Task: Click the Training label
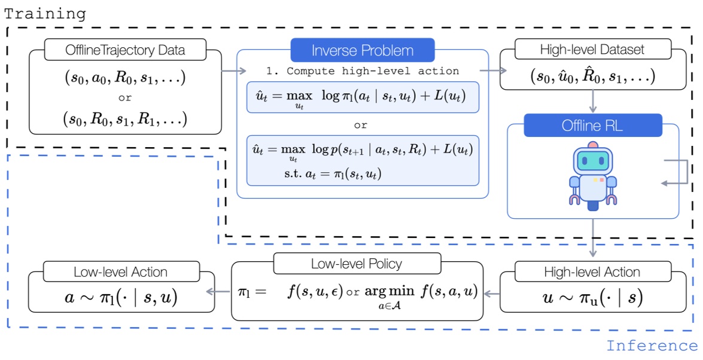pyautogui.click(x=45, y=13)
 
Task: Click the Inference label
pyautogui.click(x=652, y=346)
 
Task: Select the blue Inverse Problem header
pyautogui.click(x=363, y=50)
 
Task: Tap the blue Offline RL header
pyautogui.click(x=593, y=125)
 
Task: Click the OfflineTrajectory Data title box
pyautogui.click(x=125, y=49)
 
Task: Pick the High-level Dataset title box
pyautogui.click(x=593, y=49)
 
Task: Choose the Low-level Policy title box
pyautogui.click(x=357, y=264)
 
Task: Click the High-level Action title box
pyautogui.click(x=592, y=271)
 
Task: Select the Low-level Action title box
pyautogui.click(x=121, y=271)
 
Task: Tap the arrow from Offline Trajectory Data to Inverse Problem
pyautogui.click(x=234, y=71)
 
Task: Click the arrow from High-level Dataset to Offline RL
pyautogui.click(x=593, y=101)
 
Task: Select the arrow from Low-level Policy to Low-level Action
pyautogui.click(x=218, y=292)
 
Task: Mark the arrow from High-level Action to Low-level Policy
pyautogui.click(x=492, y=294)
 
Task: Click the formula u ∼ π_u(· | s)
pyautogui.click(x=593, y=297)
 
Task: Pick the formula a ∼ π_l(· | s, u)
pyautogui.click(x=121, y=297)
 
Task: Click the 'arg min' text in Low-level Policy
pyautogui.click(x=389, y=292)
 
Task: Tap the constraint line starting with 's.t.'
pyautogui.click(x=333, y=173)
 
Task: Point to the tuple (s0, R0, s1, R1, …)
pyautogui.click(x=125, y=119)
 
